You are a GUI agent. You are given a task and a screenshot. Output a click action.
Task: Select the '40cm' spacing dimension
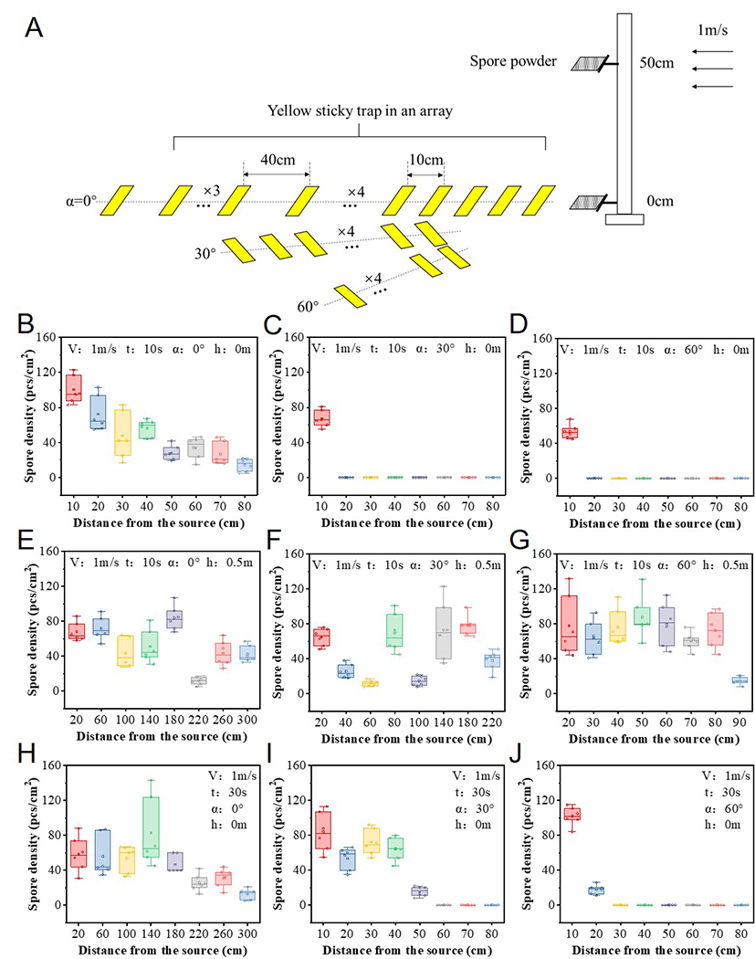276,159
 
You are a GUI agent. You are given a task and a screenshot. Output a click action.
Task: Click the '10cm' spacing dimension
425,159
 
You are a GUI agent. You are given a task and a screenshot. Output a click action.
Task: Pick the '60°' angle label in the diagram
308,305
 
